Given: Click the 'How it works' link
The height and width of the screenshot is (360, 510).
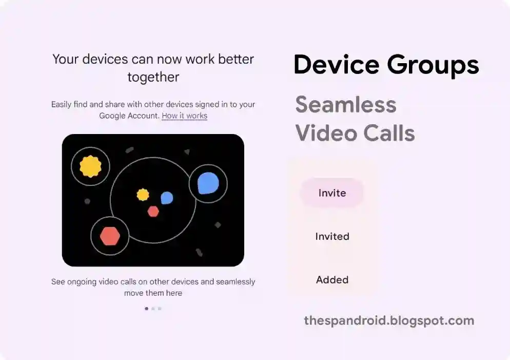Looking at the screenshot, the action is point(184,116).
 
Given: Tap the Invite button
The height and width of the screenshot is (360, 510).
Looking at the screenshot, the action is point(332,193).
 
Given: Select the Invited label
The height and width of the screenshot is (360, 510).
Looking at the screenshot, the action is point(332,236).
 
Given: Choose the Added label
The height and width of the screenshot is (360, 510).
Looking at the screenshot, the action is point(332,279).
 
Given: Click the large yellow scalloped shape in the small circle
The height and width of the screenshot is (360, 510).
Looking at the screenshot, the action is point(90,166).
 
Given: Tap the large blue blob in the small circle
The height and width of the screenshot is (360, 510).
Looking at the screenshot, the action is point(208,183).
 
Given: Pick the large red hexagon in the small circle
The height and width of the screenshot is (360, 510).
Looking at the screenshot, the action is point(110,236).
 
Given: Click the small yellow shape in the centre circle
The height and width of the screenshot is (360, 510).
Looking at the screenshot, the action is point(143,195).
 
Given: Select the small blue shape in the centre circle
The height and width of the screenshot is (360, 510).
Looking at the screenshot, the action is point(167,198).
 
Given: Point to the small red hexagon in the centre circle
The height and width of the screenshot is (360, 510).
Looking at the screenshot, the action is point(153,212).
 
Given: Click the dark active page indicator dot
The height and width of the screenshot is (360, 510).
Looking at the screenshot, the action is point(146,309).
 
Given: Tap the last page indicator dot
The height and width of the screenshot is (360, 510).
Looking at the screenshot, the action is point(160,309).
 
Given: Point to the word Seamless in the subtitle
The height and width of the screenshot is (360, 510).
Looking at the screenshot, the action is point(346,104).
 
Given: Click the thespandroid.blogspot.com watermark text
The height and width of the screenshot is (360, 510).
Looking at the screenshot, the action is point(389,320).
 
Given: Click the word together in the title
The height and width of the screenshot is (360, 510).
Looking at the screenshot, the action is point(153,78).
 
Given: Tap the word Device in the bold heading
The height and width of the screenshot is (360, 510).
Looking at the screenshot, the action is point(336,64).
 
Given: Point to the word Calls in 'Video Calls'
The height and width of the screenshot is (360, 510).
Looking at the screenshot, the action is point(389,133).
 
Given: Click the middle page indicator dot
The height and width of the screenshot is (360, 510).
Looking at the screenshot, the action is point(153,309).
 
